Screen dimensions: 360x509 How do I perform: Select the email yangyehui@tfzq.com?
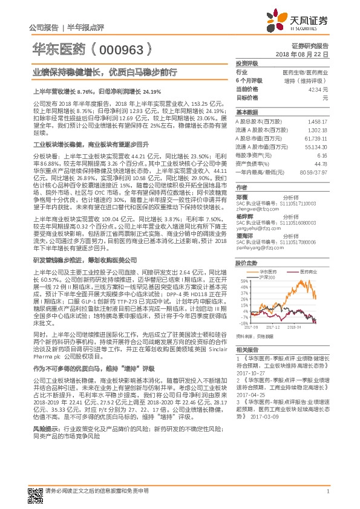point(257,229)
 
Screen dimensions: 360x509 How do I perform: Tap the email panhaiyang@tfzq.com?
point(258,247)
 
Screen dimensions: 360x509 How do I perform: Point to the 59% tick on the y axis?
point(243,281)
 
